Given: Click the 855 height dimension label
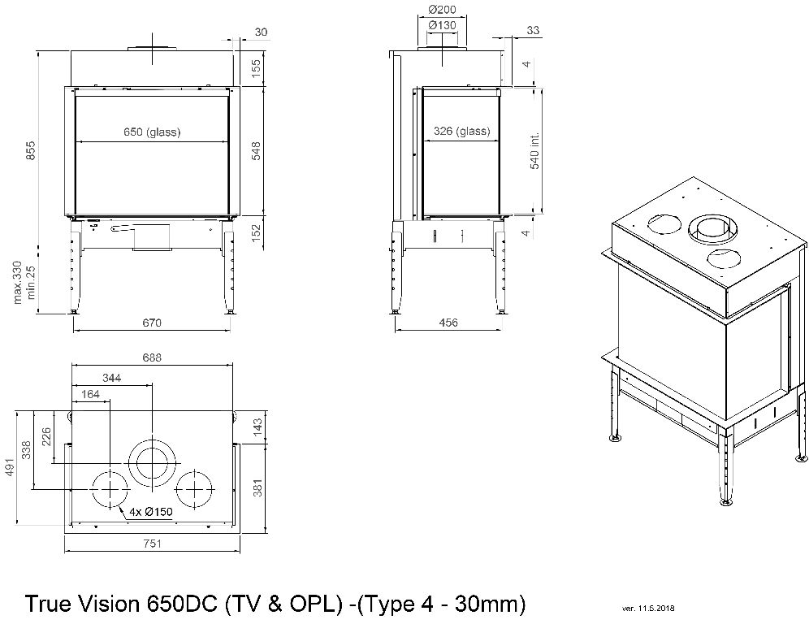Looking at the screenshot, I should (x=30, y=151).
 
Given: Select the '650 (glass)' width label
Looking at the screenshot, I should (x=152, y=132).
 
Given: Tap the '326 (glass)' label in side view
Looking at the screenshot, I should (x=462, y=131).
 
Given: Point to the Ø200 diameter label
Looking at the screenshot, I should (x=441, y=9).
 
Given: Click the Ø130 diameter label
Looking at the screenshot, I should (x=441, y=25).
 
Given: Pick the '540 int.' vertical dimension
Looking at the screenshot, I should (x=534, y=150).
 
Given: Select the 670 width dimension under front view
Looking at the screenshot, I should (x=152, y=323).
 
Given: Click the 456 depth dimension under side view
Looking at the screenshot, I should (x=448, y=323).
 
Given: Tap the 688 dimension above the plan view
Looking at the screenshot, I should (x=152, y=357).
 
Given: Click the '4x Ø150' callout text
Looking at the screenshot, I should (x=151, y=512).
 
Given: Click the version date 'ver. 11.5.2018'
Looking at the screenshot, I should (x=647, y=608).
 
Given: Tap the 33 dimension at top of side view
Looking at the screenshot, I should (x=534, y=31).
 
